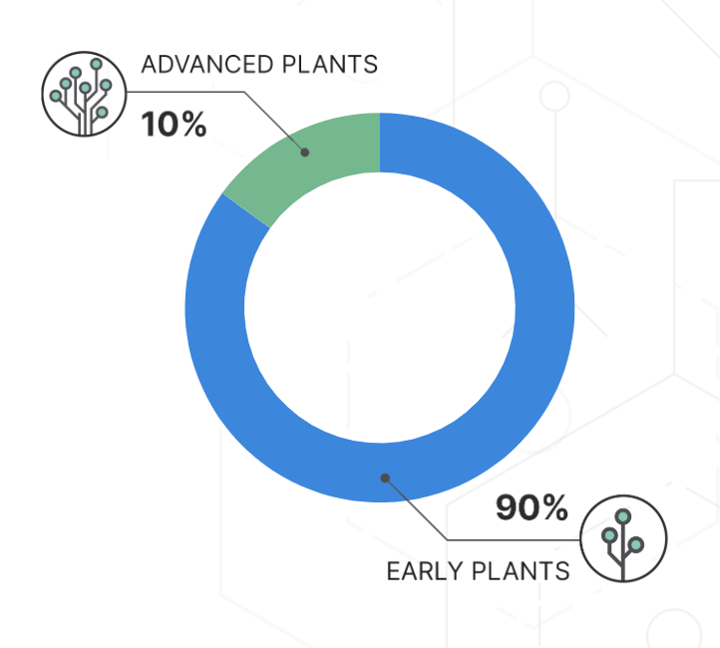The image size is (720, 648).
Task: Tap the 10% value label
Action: coord(174,125)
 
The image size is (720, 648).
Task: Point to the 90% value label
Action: coord(532,507)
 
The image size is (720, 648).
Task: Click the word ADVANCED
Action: coord(207,64)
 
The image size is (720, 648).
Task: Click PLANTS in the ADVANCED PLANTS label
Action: coord(330,64)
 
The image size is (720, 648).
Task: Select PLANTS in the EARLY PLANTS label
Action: coord(521,571)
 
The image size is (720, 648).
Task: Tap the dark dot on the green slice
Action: coord(305,153)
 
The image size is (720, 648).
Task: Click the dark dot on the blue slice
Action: coord(385,479)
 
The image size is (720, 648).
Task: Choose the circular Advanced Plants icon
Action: coord(84,94)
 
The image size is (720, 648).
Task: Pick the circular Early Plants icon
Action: coord(623,538)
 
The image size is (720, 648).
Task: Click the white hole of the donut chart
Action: coord(380,307)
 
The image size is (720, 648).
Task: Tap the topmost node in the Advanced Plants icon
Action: coord(96,64)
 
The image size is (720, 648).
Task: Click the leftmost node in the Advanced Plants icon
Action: coord(56,96)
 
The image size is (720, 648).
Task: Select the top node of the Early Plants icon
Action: coord(623,516)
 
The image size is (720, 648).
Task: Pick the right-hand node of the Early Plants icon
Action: coord(636,544)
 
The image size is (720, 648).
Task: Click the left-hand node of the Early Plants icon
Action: coord(609,535)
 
